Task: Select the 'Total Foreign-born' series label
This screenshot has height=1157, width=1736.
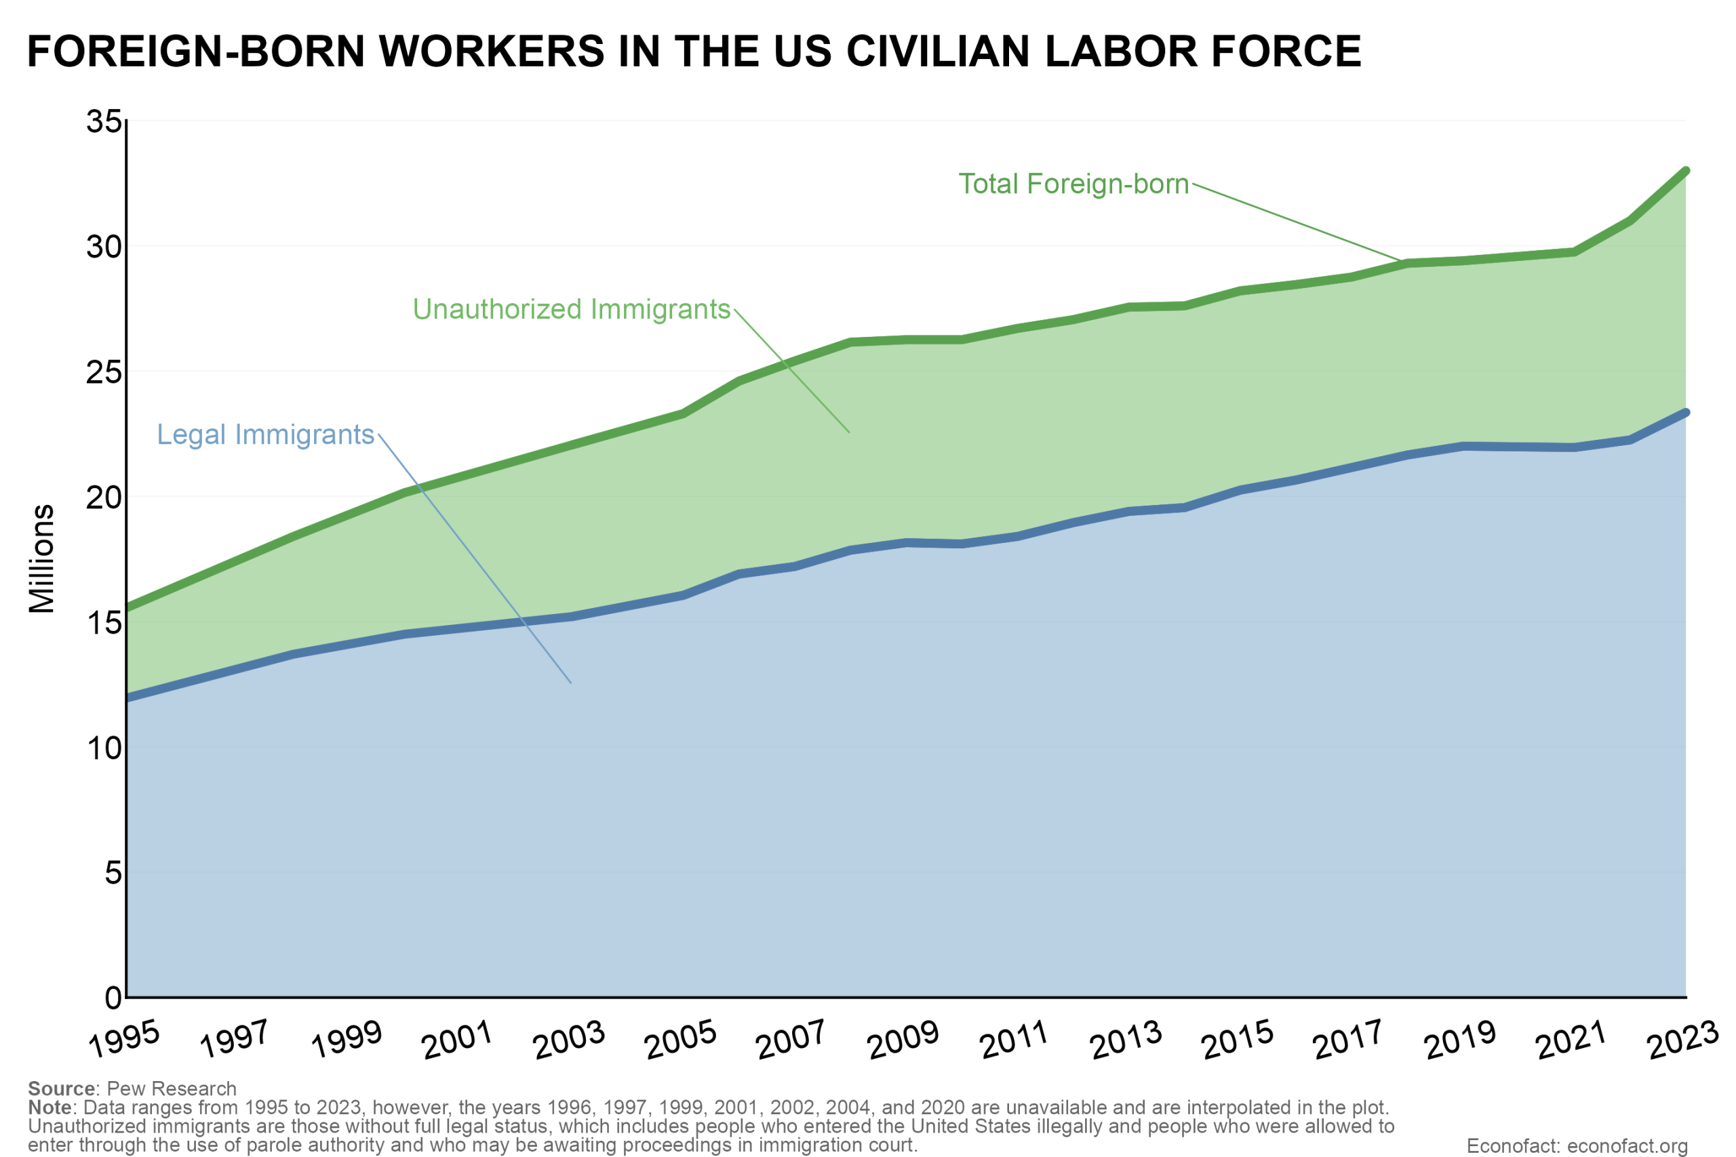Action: click(1073, 184)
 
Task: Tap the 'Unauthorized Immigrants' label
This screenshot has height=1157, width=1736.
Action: click(571, 309)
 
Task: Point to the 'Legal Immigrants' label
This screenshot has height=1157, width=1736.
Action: click(266, 434)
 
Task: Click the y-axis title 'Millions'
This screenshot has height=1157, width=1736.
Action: click(42, 559)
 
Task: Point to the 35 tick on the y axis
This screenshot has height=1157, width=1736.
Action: click(103, 122)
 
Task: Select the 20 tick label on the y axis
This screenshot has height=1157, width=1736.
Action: click(103, 498)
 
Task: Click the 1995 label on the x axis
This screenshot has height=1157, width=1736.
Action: click(124, 1040)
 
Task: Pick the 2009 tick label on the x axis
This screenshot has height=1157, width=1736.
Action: click(903, 1040)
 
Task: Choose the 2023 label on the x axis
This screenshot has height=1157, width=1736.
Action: click(1684, 1040)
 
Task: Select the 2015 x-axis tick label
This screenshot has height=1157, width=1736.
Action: click(1238, 1040)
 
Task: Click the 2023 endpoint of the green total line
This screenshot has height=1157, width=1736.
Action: click(1685, 171)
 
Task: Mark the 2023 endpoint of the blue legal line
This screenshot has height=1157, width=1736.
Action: click(1685, 413)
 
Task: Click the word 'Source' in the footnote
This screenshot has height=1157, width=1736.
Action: click(61, 1089)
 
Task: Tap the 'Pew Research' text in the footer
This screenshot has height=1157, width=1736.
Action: click(172, 1089)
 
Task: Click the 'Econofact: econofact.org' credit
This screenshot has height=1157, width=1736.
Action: click(1577, 1146)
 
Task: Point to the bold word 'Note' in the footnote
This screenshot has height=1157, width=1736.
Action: click(50, 1108)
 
